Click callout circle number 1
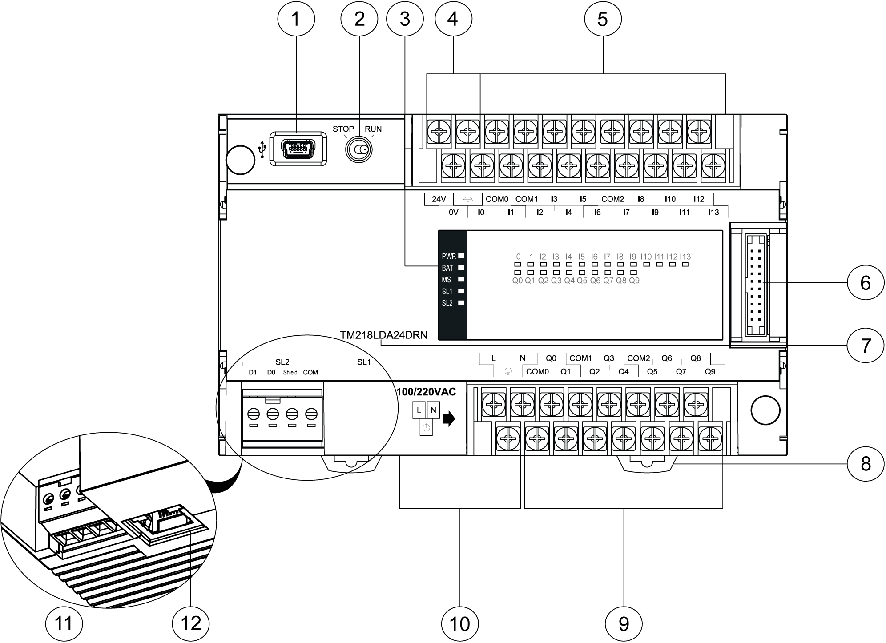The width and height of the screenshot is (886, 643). [296, 19]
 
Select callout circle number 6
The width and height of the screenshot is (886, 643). [865, 282]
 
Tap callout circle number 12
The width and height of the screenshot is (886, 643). [191, 623]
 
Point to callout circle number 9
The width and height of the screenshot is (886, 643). [624, 623]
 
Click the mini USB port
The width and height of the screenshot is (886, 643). [298, 149]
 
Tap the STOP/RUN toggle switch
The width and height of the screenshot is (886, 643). [358, 150]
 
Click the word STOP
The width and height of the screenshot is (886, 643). [343, 129]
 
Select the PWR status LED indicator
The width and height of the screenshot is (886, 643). [461, 256]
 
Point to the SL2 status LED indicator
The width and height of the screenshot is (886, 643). [461, 303]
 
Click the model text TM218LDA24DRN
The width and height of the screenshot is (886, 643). [383, 335]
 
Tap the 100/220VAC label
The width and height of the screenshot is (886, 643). [427, 392]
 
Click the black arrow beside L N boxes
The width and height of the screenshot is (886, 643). [450, 419]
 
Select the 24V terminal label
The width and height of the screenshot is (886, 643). [439, 199]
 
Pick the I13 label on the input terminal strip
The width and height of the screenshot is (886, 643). [713, 213]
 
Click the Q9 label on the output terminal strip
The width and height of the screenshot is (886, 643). [710, 372]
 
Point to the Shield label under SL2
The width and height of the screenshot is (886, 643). [290, 373]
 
